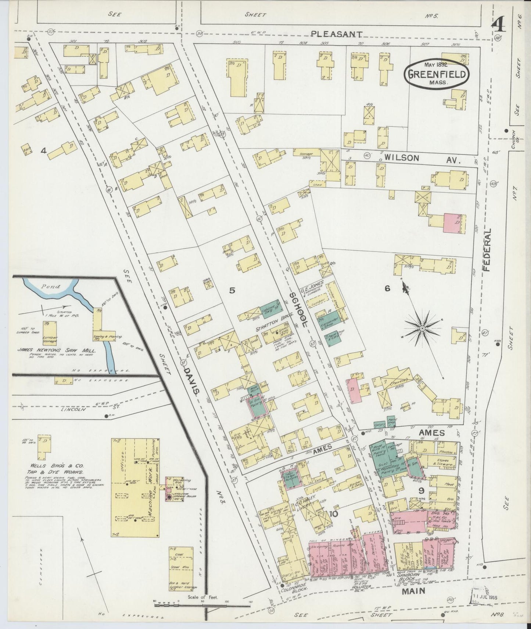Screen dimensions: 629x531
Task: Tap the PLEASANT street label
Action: coord(337,34)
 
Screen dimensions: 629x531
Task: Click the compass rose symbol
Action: coord(422,328)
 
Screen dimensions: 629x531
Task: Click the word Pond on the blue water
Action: coord(50,287)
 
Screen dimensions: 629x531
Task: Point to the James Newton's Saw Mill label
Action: coord(56,350)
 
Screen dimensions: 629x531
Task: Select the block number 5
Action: coord(232,291)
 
